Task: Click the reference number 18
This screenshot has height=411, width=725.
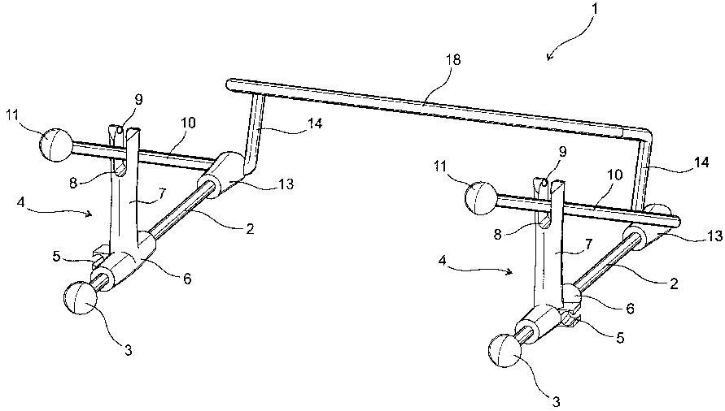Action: (x=453, y=60)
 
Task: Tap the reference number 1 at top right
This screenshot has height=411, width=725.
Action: (x=595, y=8)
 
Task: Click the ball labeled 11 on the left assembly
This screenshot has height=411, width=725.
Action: (x=56, y=145)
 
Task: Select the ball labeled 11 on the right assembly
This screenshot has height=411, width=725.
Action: (x=481, y=198)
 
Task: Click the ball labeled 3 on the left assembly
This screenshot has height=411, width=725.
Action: (x=80, y=299)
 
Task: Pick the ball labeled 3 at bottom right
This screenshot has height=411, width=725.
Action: (x=505, y=351)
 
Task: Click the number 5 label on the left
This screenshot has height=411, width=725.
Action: (x=56, y=257)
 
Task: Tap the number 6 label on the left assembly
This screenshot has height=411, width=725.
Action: (x=186, y=279)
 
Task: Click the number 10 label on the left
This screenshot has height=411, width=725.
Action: (x=188, y=123)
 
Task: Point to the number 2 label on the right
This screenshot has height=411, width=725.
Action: (x=674, y=283)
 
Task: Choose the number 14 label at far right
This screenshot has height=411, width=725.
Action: (x=701, y=162)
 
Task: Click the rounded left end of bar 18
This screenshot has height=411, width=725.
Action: (x=229, y=84)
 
